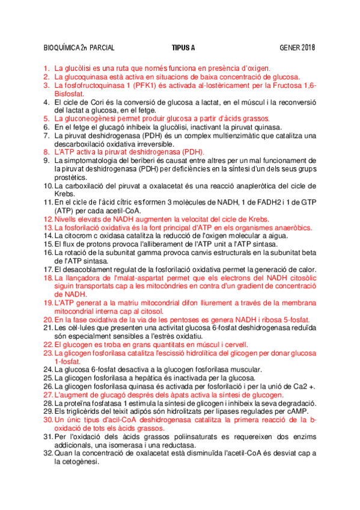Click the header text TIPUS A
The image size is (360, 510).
tap(183, 48)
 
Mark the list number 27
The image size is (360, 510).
tap(48, 395)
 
